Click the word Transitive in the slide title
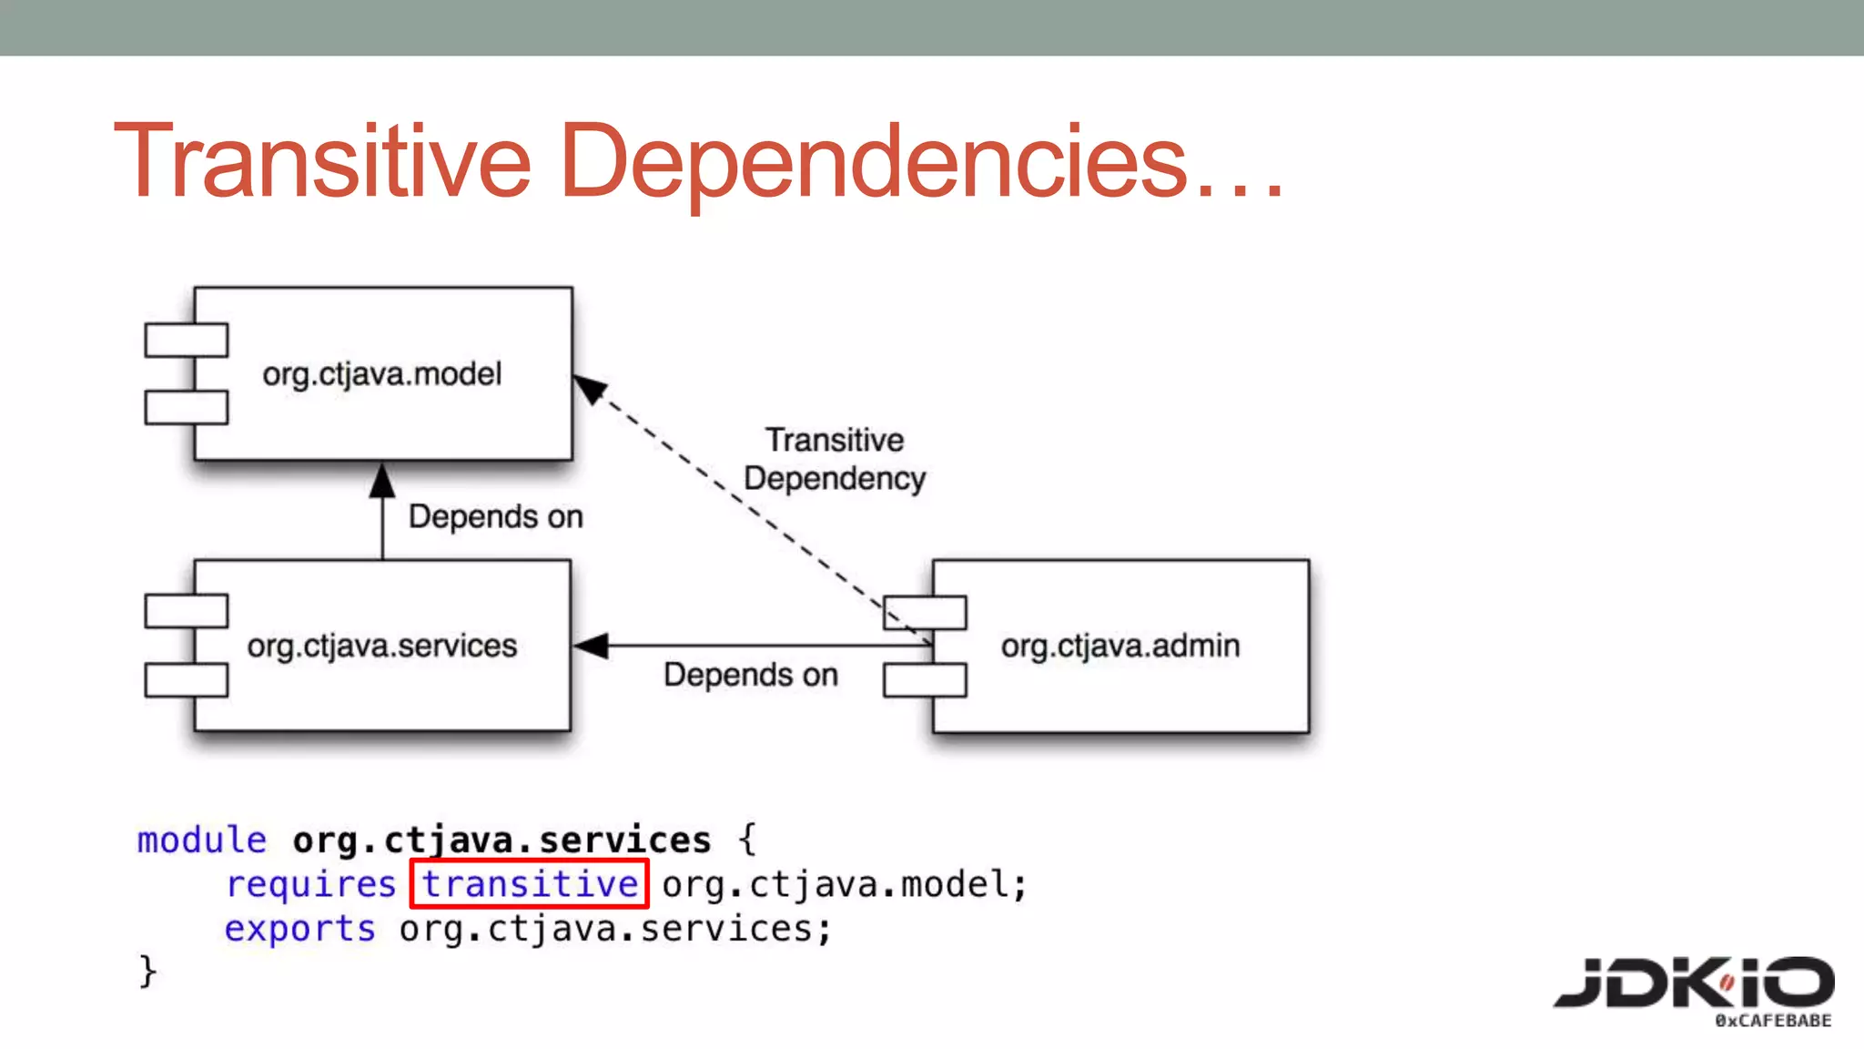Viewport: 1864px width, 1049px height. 322,162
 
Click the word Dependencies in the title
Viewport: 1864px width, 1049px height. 874,162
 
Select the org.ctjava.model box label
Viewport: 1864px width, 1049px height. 381,374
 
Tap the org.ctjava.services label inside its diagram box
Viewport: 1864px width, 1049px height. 381,646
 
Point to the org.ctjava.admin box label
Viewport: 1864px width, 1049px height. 1120,646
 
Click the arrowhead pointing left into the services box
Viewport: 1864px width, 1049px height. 592,646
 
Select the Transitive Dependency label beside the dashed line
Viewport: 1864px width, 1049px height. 835,459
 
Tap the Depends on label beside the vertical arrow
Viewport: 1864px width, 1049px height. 495,516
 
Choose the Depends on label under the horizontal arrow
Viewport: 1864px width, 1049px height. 750,675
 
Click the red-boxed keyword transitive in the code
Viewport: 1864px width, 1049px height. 530,883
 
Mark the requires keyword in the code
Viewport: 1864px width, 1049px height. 310,883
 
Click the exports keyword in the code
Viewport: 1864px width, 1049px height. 299,928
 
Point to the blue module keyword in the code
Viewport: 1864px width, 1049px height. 202,839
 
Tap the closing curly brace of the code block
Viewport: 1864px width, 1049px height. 147,972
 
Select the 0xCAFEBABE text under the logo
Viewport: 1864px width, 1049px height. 1773,1021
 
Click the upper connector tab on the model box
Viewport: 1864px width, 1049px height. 187,340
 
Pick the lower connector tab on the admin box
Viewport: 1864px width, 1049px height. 925,680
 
